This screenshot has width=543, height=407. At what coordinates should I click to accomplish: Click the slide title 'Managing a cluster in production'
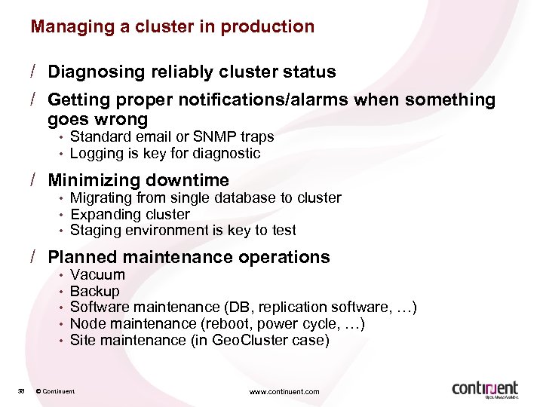pos(172,26)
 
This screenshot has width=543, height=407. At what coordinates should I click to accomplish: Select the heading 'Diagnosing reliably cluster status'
pos(192,72)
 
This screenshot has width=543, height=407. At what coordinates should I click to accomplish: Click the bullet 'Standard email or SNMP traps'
pos(171,137)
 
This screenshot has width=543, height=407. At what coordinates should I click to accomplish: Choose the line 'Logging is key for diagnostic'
pos(164,154)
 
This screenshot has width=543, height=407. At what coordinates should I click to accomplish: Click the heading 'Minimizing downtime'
pos(138,181)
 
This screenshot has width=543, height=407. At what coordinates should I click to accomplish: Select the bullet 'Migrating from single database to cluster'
pos(205,198)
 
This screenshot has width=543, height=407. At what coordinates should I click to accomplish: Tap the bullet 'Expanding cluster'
pos(130,214)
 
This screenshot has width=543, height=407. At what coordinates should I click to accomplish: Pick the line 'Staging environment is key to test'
pos(183,231)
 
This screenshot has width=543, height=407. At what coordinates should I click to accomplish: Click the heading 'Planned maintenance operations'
pos(189,258)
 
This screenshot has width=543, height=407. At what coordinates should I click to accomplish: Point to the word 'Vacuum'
pos(97,275)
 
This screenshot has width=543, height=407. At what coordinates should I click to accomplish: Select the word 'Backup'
pos(94,292)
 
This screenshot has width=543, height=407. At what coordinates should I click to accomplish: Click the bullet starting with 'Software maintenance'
pos(243,308)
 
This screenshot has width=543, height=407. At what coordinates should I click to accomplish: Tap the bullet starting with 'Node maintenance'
pos(217,324)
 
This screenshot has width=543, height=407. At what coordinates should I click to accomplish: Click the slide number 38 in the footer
pos(21,391)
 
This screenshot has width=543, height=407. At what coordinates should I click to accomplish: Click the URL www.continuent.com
pos(284,391)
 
